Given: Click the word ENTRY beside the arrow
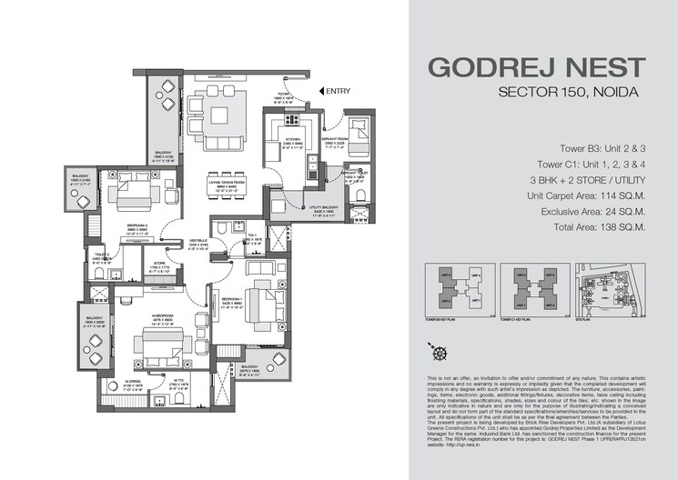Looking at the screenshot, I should (x=338, y=91).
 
